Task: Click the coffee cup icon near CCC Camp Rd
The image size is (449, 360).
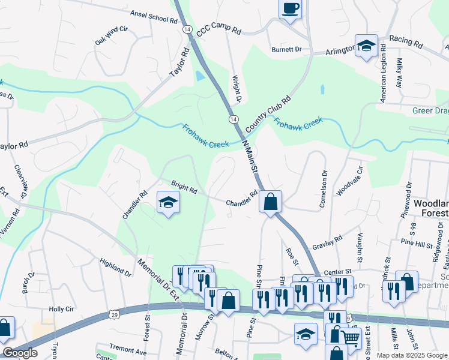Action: point(291,9)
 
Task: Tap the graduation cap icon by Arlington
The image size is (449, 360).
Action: point(365,46)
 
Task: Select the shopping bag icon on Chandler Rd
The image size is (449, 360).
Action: point(271,202)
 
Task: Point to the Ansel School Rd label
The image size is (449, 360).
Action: point(154,16)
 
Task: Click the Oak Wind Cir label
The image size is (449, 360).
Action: point(112,36)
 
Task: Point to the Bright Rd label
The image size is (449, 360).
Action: point(184,187)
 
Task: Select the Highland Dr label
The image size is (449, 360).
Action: point(115,268)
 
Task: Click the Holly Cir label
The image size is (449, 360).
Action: point(61,310)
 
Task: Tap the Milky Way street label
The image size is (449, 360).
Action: point(400,74)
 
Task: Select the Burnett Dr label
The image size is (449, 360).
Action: point(286,49)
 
